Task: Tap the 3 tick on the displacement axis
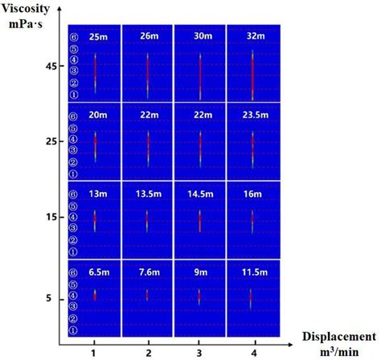200,352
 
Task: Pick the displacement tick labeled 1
94,352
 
